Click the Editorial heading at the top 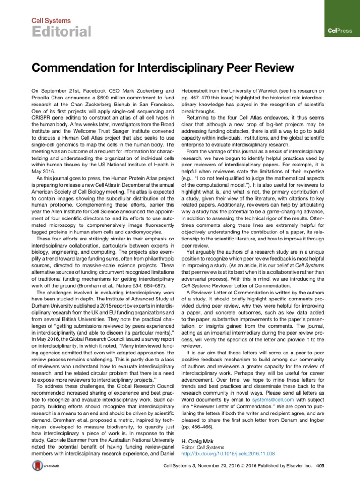click(x=61, y=31)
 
